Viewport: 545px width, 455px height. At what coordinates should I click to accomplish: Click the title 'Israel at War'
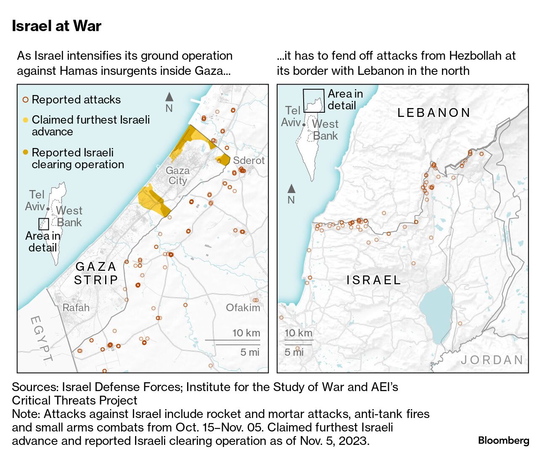pyautogui.click(x=56, y=26)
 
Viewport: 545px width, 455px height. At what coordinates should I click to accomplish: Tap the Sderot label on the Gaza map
pyautogui.click(x=249, y=161)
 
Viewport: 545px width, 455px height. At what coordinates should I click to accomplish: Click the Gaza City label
pyautogui.click(x=177, y=176)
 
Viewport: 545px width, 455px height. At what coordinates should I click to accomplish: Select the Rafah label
pyautogui.click(x=76, y=308)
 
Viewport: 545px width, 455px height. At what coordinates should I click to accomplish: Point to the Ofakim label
pyautogui.click(x=243, y=308)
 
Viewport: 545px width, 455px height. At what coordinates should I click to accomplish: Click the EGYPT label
pyautogui.click(x=41, y=339)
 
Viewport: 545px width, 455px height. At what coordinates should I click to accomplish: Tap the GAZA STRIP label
pyautogui.click(x=96, y=273)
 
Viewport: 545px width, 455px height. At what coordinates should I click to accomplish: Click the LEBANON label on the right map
pyautogui.click(x=434, y=113)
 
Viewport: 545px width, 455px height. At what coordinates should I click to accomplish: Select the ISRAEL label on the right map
pyautogui.click(x=373, y=280)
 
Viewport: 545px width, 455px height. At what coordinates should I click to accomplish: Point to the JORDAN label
pyautogui.click(x=492, y=360)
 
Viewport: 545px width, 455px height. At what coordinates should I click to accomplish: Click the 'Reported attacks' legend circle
pyautogui.click(x=26, y=100)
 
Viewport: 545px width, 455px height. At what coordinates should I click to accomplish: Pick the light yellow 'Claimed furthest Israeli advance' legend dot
pyautogui.click(x=26, y=120)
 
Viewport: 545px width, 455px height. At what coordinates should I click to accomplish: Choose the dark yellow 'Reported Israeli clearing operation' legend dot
pyautogui.click(x=26, y=152)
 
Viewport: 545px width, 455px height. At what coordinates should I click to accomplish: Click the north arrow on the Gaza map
pyautogui.click(x=169, y=97)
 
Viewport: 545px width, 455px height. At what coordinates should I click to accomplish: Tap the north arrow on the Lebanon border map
pyautogui.click(x=291, y=189)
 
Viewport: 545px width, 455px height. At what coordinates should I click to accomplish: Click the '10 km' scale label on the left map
pyautogui.click(x=246, y=333)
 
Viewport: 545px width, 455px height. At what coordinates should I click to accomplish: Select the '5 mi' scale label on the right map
pyautogui.click(x=294, y=352)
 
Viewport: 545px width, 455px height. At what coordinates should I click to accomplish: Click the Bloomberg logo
pyautogui.click(x=503, y=440)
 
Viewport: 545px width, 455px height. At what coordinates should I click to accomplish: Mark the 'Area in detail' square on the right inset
pyautogui.click(x=314, y=101)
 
